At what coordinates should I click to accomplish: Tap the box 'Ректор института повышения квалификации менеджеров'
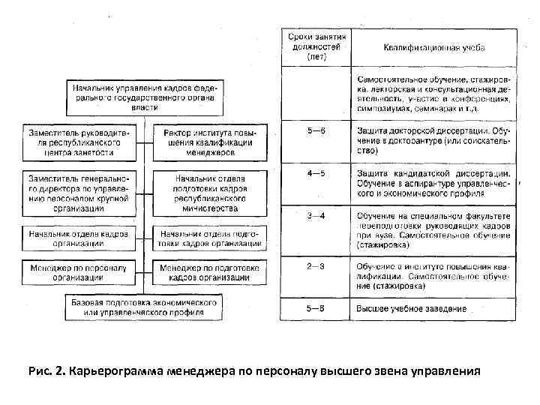pyautogui.click(x=210, y=142)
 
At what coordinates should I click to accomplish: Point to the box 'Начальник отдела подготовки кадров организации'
pyautogui.click(x=210, y=238)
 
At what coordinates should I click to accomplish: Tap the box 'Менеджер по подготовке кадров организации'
pyautogui.click(x=210, y=272)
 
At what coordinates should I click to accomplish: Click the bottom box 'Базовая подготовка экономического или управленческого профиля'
pyautogui.click(x=144, y=305)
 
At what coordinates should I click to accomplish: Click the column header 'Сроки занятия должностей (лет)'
pyautogui.click(x=315, y=46)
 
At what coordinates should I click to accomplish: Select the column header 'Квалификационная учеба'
pyautogui.click(x=434, y=48)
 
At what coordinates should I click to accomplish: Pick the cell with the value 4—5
pyautogui.click(x=316, y=174)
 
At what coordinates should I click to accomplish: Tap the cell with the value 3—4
pyautogui.click(x=316, y=217)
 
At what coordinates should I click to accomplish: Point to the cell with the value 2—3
pyautogui.click(x=316, y=266)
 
